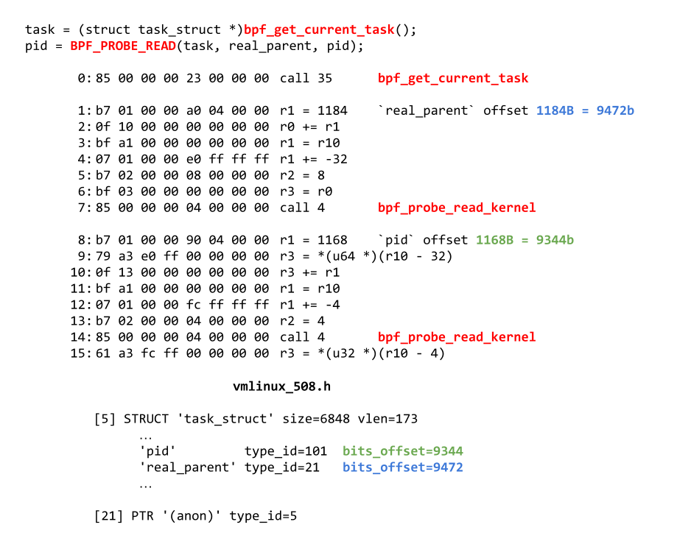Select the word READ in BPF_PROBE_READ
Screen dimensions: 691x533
tap(161, 46)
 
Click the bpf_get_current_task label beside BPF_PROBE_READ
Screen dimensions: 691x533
tap(319, 29)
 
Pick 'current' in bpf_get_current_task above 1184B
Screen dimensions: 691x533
tap(466, 78)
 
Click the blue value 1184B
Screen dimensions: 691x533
tap(555, 110)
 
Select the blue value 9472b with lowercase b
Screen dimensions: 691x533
tap(616, 110)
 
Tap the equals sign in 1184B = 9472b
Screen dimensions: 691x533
tap(585, 110)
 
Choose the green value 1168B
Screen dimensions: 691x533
tap(494, 240)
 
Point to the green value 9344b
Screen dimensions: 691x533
tap(555, 240)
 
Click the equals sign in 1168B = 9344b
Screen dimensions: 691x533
tap(525, 240)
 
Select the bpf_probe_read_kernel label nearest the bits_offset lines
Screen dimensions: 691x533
tap(457, 337)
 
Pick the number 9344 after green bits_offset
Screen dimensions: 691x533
tap(448, 451)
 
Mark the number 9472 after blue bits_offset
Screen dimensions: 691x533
tap(448, 467)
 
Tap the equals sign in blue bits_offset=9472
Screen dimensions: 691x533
tap(429, 467)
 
